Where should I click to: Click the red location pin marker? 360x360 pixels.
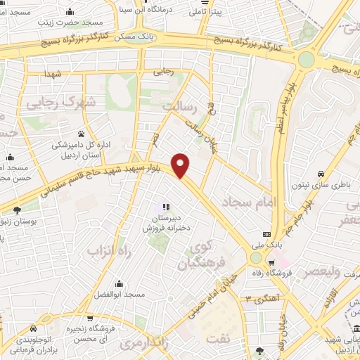pyautogui.click(x=181, y=165)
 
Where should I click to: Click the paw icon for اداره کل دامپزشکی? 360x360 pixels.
pyautogui.click(x=82, y=133)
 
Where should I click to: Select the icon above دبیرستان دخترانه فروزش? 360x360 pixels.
pyautogui.click(x=166, y=207)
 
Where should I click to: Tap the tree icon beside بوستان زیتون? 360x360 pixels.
pyautogui.click(x=17, y=210)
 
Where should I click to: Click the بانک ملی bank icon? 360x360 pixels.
pyautogui.click(x=266, y=234)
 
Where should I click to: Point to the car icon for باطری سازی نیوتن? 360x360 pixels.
pyautogui.click(x=321, y=174)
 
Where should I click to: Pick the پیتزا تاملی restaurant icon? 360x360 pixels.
pyautogui.click(x=192, y=12)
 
